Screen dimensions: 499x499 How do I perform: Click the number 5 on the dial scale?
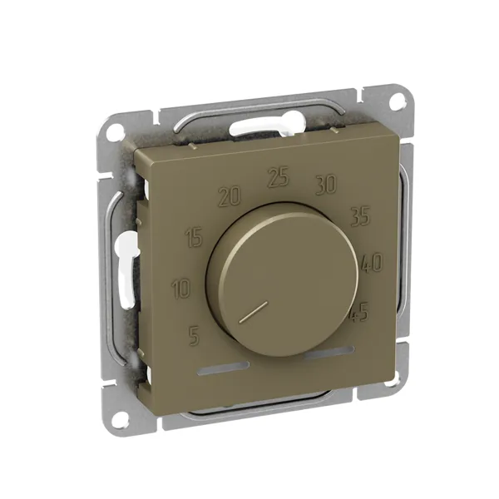pos(194,336)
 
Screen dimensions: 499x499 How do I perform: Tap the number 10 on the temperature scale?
pos(181,289)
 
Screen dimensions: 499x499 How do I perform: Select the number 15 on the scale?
pos(194,238)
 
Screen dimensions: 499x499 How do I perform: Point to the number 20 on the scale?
pos(230,196)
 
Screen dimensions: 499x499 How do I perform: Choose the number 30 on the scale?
pos(325,185)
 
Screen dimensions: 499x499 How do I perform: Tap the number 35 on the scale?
pos(360,215)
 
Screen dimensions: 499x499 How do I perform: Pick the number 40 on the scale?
pos(372,263)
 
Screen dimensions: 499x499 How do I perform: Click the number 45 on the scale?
pos(360,313)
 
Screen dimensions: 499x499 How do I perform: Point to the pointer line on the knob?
pos(252,312)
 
